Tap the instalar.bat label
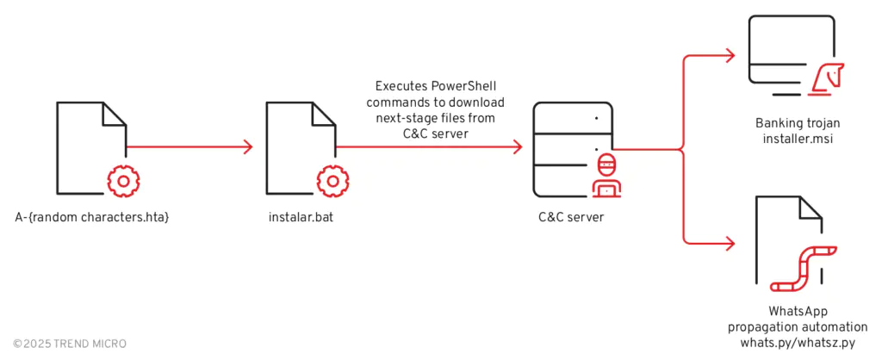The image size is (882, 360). (x=301, y=217)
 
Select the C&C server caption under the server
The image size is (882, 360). (x=570, y=217)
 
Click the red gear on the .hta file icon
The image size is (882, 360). (x=123, y=181)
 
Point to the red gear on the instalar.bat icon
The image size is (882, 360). (x=332, y=181)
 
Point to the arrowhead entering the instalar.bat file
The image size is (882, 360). (x=248, y=147)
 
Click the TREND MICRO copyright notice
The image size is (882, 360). (x=70, y=344)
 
